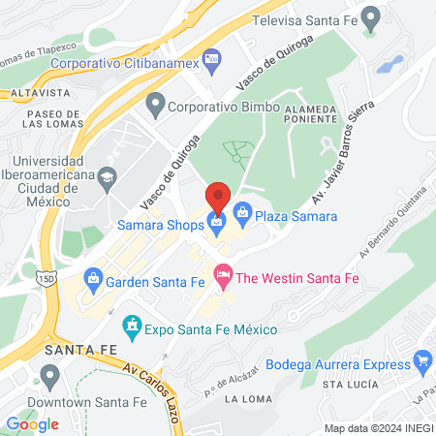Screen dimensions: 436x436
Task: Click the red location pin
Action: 218,198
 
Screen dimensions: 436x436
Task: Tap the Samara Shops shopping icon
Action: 218,226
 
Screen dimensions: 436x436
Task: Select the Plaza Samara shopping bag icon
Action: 242,210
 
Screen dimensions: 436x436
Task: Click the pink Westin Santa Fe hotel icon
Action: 223,278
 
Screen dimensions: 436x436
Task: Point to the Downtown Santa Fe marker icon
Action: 50,374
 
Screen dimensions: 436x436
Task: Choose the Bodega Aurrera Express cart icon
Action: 421,362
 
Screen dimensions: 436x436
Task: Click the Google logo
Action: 32,423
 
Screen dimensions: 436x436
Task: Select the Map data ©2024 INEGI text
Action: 377,427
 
